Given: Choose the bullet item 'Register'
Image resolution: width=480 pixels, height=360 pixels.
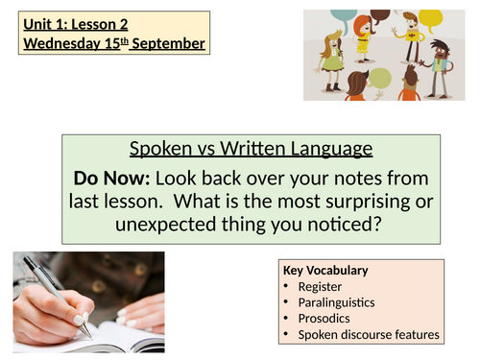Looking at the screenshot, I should [321, 286].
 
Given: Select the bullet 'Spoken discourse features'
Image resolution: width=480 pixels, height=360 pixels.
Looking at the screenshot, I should [369, 335].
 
